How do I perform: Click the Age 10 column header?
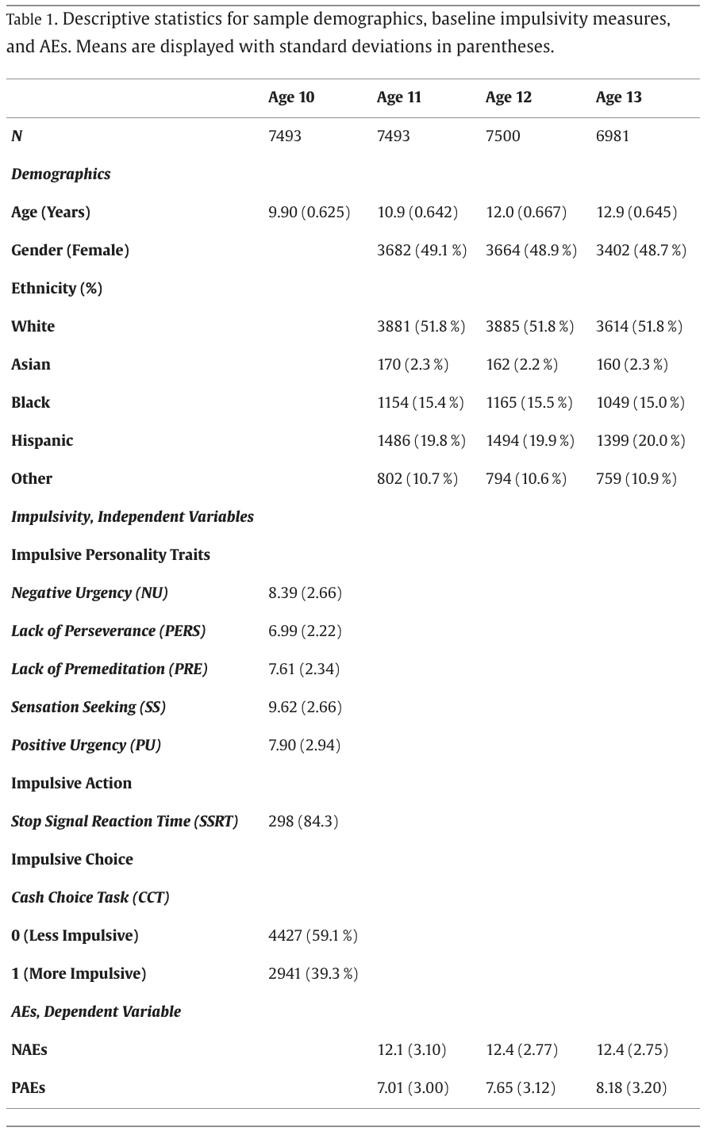291,98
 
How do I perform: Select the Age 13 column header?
618,98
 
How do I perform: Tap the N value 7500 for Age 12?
503,136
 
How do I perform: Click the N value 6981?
613,136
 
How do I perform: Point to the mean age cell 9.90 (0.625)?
309,212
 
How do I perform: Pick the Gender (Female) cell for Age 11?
421,250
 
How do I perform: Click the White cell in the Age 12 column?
529,326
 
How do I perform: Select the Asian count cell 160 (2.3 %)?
632,364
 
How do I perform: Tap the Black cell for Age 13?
640,402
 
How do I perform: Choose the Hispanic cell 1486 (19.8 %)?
421,440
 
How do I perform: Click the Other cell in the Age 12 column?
526,478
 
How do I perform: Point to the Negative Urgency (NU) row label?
90,593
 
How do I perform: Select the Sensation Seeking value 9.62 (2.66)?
305,707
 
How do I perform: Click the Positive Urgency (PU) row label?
86,745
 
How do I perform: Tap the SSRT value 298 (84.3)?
303,821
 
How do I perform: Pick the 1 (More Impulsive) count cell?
313,973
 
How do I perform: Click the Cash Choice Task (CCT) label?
90,897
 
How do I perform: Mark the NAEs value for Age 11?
411,1049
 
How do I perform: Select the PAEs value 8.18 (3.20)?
631,1087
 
